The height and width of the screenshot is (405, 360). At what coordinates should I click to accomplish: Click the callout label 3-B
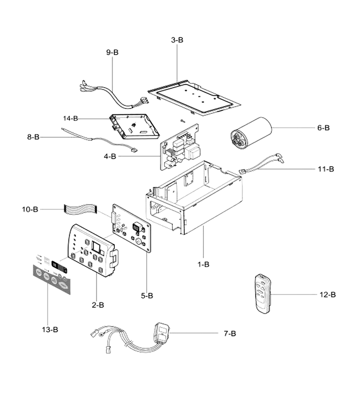click(x=177, y=40)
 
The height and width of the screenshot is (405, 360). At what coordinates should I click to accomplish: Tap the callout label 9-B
click(x=112, y=52)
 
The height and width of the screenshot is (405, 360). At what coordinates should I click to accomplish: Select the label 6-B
click(x=324, y=128)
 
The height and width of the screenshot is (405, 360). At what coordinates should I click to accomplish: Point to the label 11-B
click(x=326, y=169)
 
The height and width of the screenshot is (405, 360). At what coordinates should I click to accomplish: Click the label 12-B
click(x=328, y=294)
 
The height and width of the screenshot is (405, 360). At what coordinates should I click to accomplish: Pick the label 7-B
click(x=230, y=333)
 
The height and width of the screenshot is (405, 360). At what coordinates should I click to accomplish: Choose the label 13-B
click(x=50, y=329)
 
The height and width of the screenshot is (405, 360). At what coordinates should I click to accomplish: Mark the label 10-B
click(x=30, y=209)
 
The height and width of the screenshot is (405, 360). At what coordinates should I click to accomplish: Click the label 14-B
click(x=71, y=118)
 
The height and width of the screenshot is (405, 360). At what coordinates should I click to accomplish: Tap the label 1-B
click(x=203, y=265)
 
